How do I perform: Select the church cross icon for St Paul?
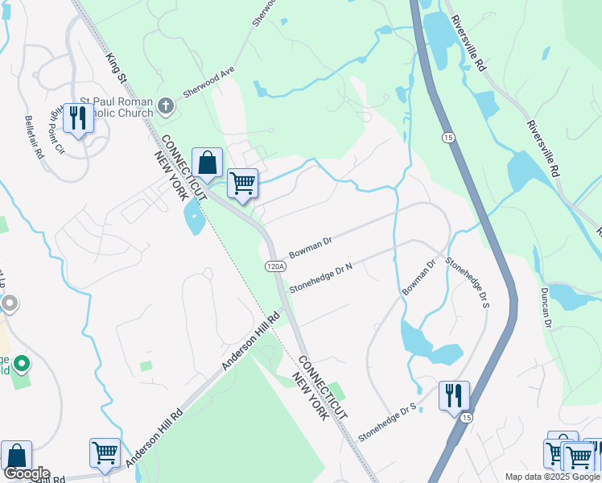[166, 105]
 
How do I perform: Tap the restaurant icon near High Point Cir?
[78, 119]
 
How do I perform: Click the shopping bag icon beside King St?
[207, 163]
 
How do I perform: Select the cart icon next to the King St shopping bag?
[242, 183]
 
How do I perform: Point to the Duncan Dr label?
[546, 307]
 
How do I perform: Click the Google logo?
[27, 473]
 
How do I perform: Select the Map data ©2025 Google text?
[552, 477]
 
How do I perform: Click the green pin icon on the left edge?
[22, 365]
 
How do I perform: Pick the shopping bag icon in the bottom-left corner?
[15, 456]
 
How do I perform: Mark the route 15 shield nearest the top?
[447, 138]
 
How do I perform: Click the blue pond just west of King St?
[194, 216]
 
